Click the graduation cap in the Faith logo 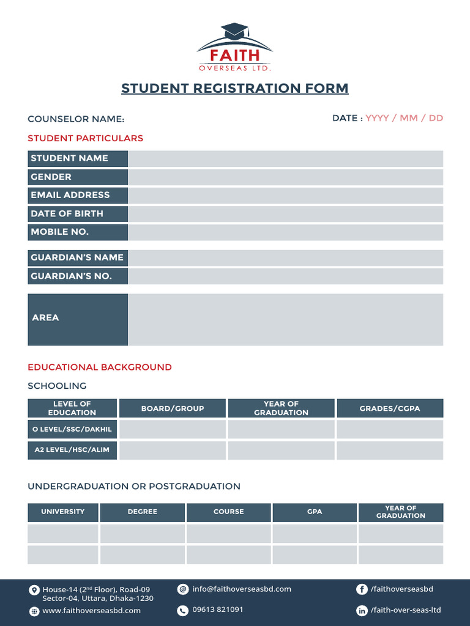234,31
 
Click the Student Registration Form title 234,88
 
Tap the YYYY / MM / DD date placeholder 404,118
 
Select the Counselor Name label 76,119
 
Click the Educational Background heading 100,367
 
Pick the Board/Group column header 173,408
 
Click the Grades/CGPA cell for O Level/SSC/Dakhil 389,429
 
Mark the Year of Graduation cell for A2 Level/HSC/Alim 281,451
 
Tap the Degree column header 142,512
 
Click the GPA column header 315,512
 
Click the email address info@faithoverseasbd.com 241,589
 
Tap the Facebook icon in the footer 362,589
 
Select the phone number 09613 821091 217,609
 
